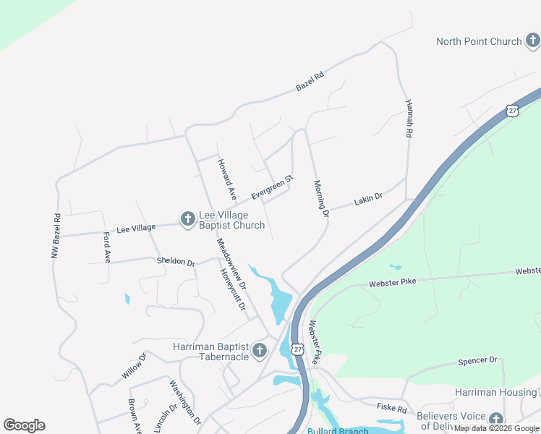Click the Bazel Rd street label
310,81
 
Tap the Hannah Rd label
409,119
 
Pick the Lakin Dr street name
367,200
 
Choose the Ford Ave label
107,247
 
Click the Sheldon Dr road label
176,262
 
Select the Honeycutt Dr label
233,289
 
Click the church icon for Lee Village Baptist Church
187,218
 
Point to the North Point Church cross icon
532,41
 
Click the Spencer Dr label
478,360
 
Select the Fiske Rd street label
391,409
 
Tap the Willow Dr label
134,366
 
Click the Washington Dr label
185,401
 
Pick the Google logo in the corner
24,425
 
